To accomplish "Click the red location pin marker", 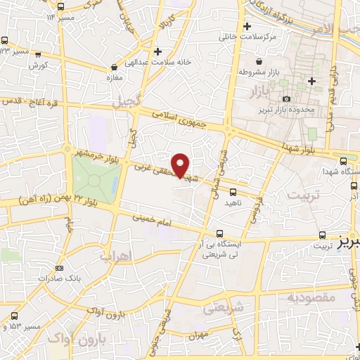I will [181, 165].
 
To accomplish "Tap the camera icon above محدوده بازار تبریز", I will [285, 99].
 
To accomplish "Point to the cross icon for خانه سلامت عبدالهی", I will [158, 51].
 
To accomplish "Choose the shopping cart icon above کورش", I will [38, 55].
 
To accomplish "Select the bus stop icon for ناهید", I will [233, 191].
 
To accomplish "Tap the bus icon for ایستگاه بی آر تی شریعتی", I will [220, 233].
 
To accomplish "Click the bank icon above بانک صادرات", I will [58, 267].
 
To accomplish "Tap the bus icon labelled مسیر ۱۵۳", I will [14, 326].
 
